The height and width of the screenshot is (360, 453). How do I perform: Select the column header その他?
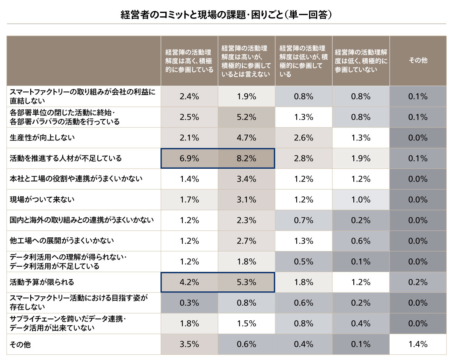(418, 60)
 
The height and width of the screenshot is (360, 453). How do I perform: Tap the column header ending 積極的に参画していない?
(361, 60)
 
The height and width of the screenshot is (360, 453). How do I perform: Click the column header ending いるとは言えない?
(246, 61)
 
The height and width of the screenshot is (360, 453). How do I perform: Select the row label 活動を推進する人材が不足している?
(66, 158)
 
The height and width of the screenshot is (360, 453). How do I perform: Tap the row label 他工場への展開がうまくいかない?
(62, 241)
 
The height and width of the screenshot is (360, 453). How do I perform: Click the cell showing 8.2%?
(247, 158)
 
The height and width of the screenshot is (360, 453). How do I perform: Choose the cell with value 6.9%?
(189, 158)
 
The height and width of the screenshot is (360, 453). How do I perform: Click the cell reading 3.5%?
(189, 344)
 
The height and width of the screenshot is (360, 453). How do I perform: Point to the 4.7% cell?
(247, 138)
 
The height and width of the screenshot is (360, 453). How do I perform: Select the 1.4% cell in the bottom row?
(418, 344)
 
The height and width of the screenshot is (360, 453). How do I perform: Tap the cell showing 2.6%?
(304, 138)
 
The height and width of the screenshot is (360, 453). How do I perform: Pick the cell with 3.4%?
(247, 179)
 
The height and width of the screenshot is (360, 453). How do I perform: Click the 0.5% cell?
(304, 262)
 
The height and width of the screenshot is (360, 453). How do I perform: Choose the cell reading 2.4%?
(189, 97)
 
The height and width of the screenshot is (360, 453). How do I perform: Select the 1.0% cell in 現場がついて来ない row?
(361, 200)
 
